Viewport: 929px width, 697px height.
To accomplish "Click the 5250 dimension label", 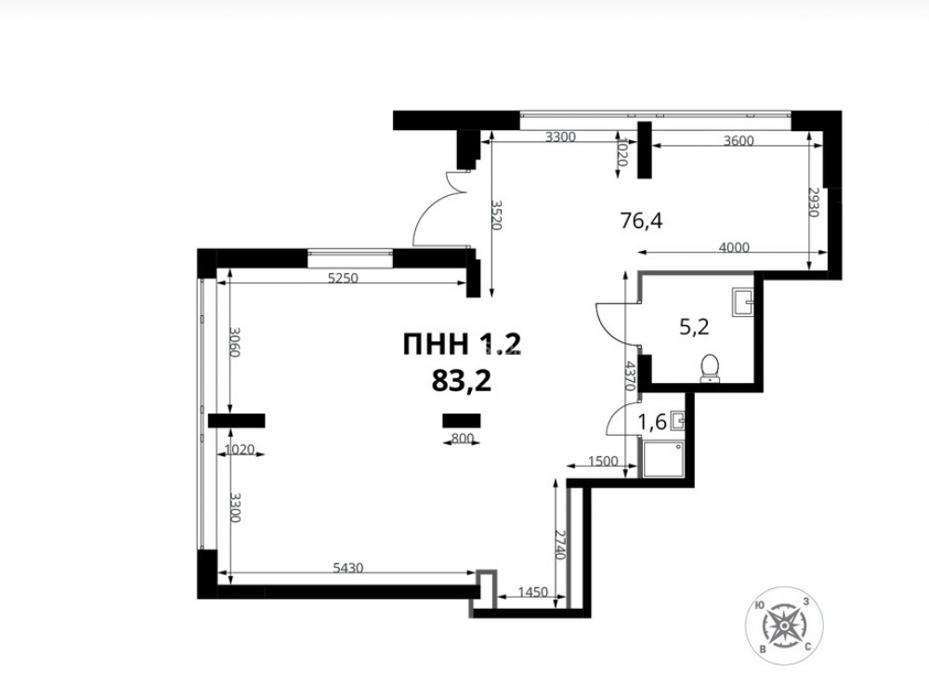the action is coord(343,277).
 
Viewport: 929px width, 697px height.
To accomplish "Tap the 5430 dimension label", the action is coord(347,568).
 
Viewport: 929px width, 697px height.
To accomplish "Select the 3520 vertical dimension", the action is coord(496,216).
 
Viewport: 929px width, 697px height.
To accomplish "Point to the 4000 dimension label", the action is coord(734,247).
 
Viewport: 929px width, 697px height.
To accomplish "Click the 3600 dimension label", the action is coord(739,140).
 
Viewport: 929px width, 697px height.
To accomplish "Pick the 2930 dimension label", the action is coord(814,202).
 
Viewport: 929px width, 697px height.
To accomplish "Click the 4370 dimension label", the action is coord(631,375).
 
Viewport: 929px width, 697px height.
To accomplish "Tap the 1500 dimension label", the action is coord(603,461).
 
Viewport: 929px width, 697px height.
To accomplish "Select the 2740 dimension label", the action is coord(561,546).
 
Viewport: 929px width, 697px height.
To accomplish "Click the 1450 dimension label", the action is coord(532,592).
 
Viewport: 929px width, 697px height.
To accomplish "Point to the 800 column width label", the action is coord(463,438).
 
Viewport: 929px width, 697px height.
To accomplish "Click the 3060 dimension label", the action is coord(235,343).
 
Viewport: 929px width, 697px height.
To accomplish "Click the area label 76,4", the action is coord(641,221).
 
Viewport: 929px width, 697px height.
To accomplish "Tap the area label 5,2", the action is coord(694,326).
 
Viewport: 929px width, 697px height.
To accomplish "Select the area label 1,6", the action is coord(652,422).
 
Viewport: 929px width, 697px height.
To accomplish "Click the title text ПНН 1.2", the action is coord(462,345).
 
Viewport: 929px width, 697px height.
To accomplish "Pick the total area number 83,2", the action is coord(462,381).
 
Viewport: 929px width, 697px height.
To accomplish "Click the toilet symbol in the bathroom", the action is coord(710,368).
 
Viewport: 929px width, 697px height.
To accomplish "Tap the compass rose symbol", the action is coord(784,625).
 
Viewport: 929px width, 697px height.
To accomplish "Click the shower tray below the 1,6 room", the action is coord(663,459).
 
